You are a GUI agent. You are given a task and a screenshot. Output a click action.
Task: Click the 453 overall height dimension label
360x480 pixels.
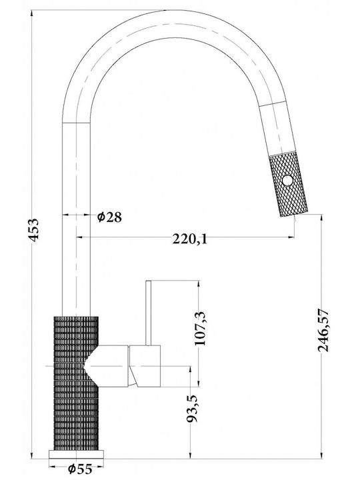[34, 229]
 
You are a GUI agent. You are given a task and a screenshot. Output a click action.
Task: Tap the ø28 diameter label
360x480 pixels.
[109, 217]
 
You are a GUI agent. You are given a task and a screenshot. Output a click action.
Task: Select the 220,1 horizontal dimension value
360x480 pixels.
[189, 239]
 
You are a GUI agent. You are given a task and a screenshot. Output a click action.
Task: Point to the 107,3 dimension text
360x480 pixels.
[201, 329]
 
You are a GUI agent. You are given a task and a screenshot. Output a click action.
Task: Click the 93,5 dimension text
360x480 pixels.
[192, 409]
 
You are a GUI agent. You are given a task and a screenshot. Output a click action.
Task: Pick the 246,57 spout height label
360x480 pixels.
[323, 330]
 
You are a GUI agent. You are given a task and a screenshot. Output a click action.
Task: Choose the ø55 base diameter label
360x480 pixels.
[80, 469]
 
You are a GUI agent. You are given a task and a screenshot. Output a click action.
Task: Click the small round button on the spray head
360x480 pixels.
[287, 180]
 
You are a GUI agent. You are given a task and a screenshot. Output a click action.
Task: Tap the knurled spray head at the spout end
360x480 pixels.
[288, 184]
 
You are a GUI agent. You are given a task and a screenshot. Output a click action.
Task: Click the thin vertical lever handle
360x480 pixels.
[149, 313]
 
